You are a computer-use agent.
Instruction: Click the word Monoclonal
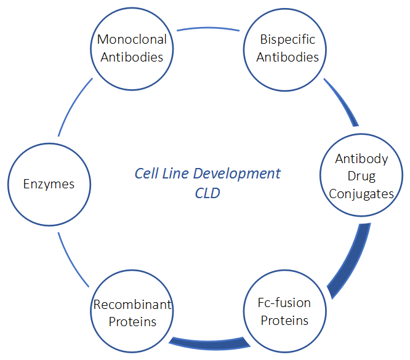click(x=132, y=40)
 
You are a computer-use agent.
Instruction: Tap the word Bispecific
click(x=287, y=40)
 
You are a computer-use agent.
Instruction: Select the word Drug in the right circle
click(x=361, y=176)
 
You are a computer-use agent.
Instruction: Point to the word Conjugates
click(x=361, y=193)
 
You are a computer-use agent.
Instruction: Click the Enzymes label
click(x=49, y=184)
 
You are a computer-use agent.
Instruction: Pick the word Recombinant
click(x=132, y=305)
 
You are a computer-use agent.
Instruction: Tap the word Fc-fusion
click(x=284, y=303)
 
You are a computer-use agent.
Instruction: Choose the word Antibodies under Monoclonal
click(x=132, y=57)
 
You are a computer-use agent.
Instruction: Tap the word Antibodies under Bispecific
click(x=287, y=57)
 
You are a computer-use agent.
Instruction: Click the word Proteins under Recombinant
click(x=132, y=321)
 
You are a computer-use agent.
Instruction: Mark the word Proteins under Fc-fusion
click(x=284, y=321)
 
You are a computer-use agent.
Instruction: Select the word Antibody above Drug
click(x=361, y=159)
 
